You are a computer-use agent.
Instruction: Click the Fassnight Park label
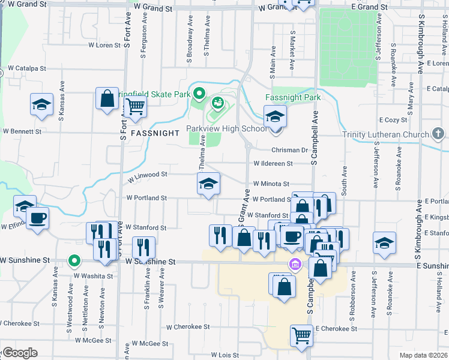(x=292, y=97)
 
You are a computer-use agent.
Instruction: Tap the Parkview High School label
(x=226, y=128)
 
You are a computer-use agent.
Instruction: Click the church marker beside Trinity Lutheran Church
(x=437, y=133)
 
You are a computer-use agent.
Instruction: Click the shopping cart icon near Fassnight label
(x=135, y=108)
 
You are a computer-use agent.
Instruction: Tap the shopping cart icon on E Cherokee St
(x=301, y=336)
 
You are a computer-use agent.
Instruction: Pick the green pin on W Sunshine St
(x=74, y=261)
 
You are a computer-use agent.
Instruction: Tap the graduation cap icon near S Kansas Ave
(x=41, y=104)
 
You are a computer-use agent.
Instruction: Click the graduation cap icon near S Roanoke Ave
(x=384, y=243)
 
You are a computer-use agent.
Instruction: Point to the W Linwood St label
(x=146, y=175)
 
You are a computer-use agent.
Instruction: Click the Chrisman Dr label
(x=289, y=150)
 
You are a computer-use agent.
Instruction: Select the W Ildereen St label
(x=273, y=163)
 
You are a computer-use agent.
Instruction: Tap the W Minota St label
(x=271, y=184)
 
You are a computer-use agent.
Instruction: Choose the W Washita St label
(x=93, y=276)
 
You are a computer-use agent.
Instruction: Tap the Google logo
(x=20, y=353)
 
